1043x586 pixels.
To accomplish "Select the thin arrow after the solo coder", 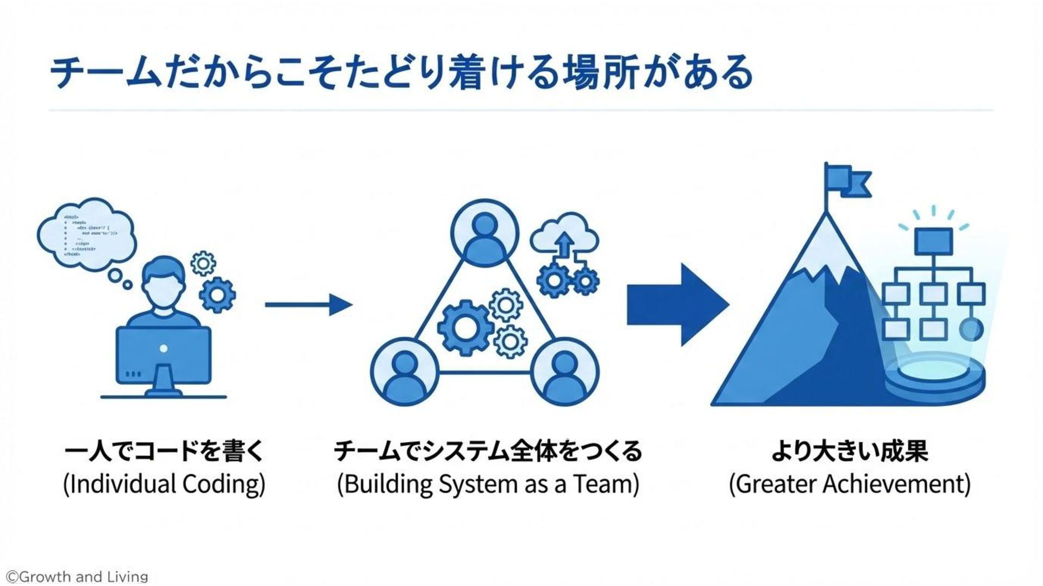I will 308,305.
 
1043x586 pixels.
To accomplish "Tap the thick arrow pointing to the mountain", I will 677,305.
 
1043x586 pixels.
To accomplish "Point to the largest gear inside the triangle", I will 466,328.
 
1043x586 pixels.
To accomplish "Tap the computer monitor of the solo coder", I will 164,355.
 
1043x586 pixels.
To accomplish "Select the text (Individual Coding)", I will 164,484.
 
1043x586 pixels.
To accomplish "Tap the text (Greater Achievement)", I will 849,484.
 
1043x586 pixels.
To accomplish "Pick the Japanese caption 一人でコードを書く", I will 164,451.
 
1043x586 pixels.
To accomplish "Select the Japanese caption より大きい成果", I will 849,451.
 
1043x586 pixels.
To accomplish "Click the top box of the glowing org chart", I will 933,241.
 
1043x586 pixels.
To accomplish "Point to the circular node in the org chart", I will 971,329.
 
